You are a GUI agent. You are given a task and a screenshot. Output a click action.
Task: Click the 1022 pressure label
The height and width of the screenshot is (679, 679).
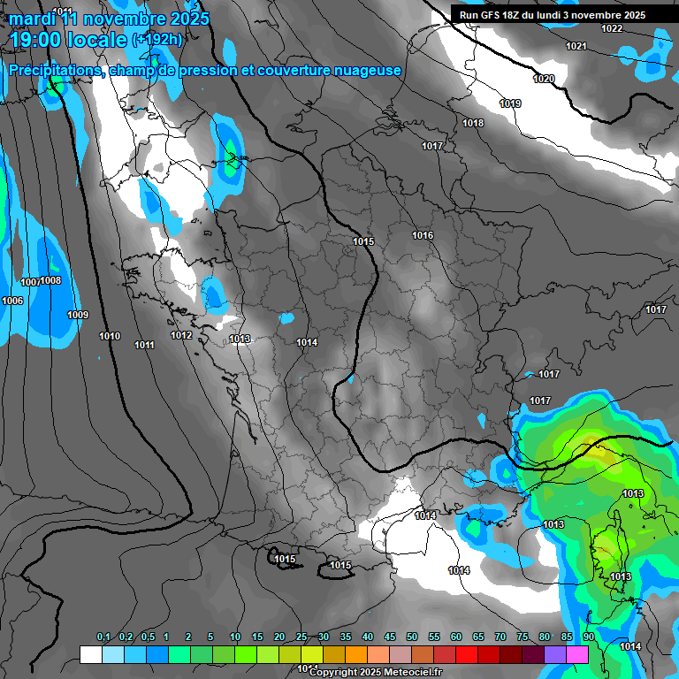click(x=611, y=28)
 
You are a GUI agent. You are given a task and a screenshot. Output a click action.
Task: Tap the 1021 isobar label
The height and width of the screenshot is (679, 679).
click(x=576, y=46)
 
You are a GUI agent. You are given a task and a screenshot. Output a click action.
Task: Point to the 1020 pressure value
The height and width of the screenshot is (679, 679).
click(x=544, y=80)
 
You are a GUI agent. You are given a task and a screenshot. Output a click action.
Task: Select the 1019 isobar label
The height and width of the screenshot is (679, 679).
click(x=510, y=103)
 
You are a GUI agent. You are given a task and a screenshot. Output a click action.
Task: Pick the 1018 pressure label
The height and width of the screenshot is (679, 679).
click(x=473, y=123)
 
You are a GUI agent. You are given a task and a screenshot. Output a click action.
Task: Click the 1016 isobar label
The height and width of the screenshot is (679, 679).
click(x=423, y=235)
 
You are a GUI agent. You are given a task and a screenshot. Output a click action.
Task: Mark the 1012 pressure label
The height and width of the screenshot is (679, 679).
click(x=181, y=335)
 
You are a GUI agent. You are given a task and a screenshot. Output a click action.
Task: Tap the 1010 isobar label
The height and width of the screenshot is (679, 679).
click(x=110, y=336)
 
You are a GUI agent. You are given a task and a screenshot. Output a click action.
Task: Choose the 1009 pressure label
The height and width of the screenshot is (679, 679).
click(x=78, y=315)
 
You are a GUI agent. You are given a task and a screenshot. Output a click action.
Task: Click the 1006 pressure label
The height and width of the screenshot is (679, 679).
click(x=12, y=301)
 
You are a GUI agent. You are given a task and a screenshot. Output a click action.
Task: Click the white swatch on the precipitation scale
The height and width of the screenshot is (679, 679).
click(x=90, y=654)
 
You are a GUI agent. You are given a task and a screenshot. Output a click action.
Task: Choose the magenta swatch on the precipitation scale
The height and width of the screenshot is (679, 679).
click(x=577, y=654)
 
